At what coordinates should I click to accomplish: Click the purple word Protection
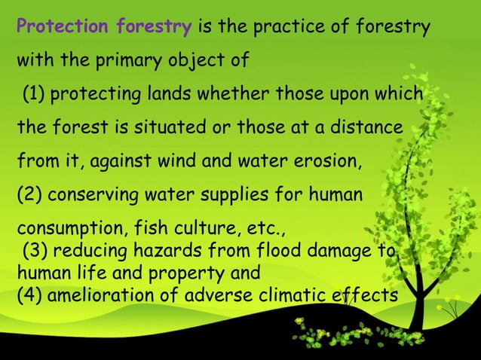(63, 28)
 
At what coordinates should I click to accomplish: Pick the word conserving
(90, 197)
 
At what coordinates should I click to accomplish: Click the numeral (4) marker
(29, 294)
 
